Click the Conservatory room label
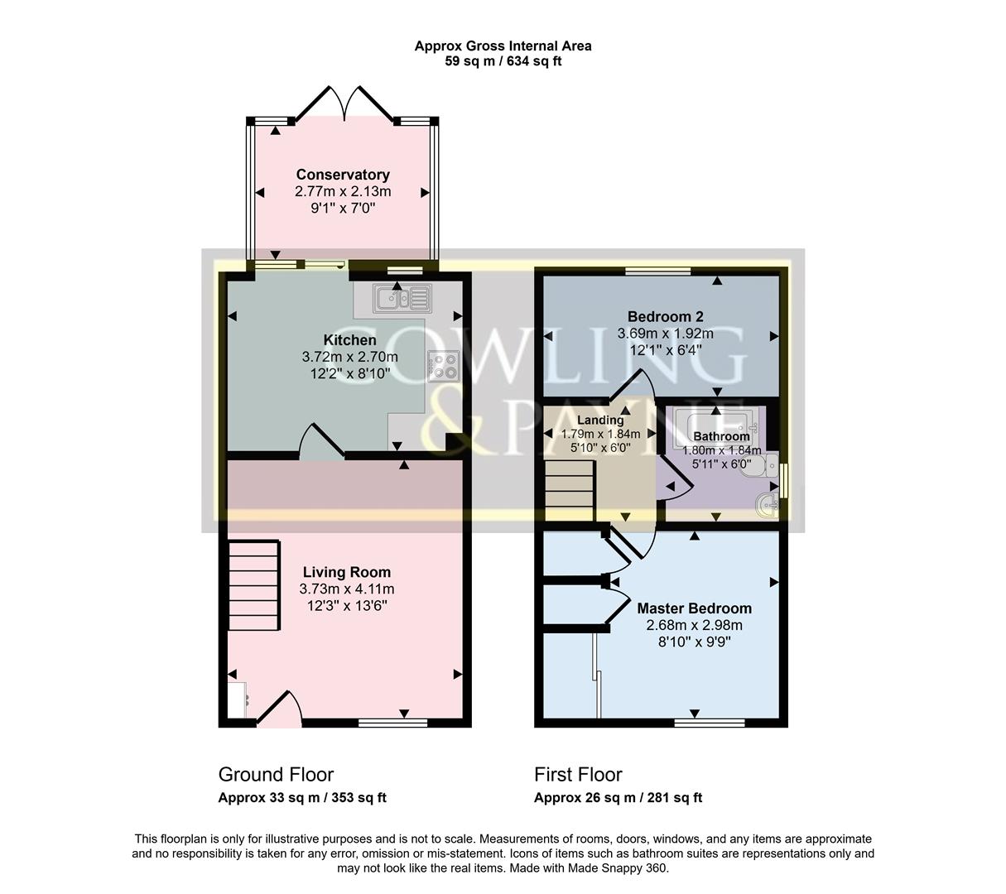click(343, 175)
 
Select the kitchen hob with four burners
click(443, 366)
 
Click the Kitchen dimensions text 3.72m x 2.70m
click(349, 357)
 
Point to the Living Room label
click(346, 572)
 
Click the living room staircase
click(253, 587)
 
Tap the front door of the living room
click(280, 709)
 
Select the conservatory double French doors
click(344, 103)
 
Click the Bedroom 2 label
click(665, 316)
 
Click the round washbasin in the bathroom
click(768, 504)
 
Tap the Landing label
click(600, 420)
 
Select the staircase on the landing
click(570, 491)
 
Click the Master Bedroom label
click(694, 608)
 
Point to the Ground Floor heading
click(276, 775)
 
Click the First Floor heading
click(578, 775)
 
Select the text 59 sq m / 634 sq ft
click(503, 61)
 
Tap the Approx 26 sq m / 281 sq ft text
click(618, 798)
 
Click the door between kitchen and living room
click(321, 443)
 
